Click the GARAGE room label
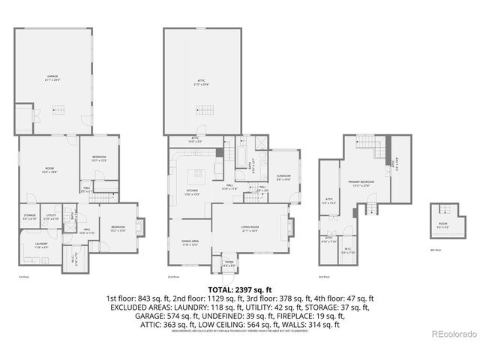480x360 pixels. (51, 77)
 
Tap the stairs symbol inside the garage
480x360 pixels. (57, 109)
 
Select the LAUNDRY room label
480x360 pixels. (41, 244)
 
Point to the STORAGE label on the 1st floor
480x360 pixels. (29, 217)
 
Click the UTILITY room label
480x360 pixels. (52, 217)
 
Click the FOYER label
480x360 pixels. (229, 264)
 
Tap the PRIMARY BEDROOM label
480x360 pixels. (361, 183)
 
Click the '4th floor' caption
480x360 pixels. (435, 250)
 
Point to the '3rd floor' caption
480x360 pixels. (323, 276)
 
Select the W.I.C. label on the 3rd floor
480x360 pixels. (348, 251)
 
